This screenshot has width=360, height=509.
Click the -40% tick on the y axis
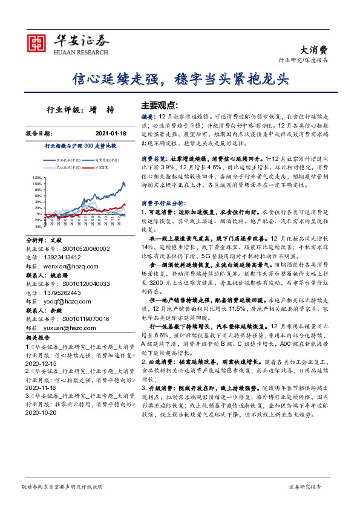pyautogui.click(x=38, y=227)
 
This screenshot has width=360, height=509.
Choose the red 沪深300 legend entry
pyautogui.click(x=103, y=167)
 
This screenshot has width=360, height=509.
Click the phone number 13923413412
pyautogui.click(x=70, y=256)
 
